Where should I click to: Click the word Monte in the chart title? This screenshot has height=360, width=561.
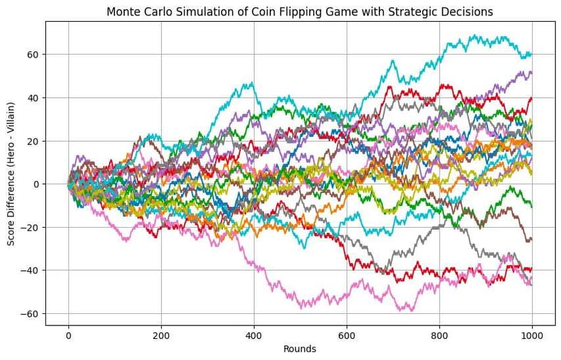click(x=123, y=12)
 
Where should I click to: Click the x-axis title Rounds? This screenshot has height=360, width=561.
click(x=300, y=349)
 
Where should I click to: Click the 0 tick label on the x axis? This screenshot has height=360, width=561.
click(x=68, y=335)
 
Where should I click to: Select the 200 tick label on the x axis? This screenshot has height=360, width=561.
click(x=161, y=335)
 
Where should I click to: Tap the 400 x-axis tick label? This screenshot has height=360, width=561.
click(x=253, y=335)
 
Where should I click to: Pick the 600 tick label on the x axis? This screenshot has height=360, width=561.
click(x=346, y=335)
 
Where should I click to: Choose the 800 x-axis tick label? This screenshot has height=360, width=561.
click(x=439, y=335)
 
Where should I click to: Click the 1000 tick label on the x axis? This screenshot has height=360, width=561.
click(x=532, y=335)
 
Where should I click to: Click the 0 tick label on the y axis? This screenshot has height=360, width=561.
click(x=36, y=184)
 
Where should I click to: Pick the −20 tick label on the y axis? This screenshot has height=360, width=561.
click(x=30, y=227)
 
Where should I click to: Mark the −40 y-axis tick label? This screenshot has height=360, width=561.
click(x=30, y=271)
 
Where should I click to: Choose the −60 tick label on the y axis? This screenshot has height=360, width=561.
click(x=30, y=314)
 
